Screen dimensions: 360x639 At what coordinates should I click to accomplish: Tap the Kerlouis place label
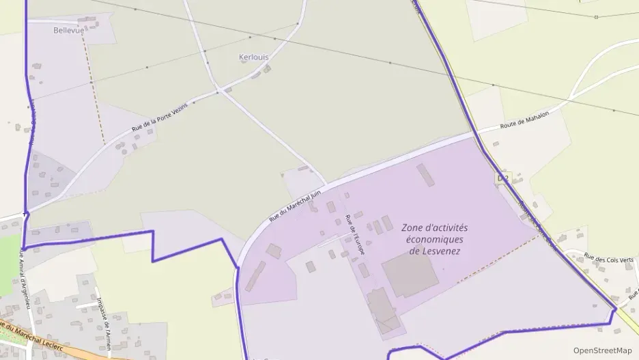pos(254,57)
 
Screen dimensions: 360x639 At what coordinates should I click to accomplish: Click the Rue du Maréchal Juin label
pos(294,206)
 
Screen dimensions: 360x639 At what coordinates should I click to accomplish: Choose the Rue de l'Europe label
pos(355,235)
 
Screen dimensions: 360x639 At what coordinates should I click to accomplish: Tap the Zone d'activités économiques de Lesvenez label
pos(434,239)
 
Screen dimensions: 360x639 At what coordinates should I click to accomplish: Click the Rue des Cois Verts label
pos(610,260)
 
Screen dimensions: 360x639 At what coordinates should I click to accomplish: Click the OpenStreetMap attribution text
pos(602,350)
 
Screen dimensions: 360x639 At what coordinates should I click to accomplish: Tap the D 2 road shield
pos(502,178)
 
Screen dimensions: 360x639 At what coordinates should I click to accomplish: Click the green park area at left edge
pos(8,266)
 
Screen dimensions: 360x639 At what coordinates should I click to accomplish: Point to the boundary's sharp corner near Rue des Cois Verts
pos(614,309)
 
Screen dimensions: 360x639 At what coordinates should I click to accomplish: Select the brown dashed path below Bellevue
pos(94,89)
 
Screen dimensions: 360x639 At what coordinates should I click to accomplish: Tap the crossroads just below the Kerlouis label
pos(218,92)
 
